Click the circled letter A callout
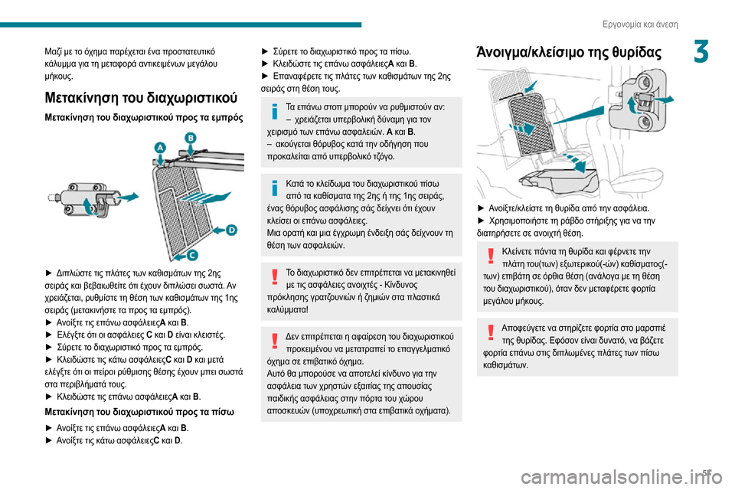pyautogui.click(x=159, y=146)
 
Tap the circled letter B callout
pyautogui.click(x=191, y=138)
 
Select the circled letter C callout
pyautogui.click(x=192, y=254)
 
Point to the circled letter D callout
pyautogui.click(x=231, y=229)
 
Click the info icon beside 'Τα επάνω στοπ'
pyautogui.click(x=274, y=112)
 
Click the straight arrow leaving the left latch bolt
pyautogui.click(x=127, y=196)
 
